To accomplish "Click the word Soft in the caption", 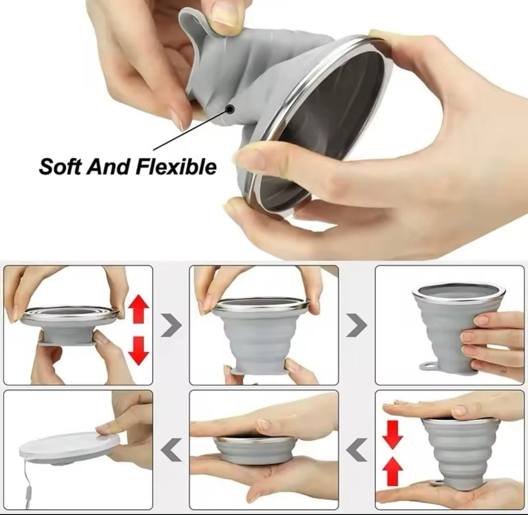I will pyautogui.click(x=60, y=166).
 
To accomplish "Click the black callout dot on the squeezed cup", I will pyautogui.click(x=230, y=109).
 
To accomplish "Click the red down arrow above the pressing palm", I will pyautogui.click(x=392, y=434).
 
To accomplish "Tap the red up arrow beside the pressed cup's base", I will pyautogui.click(x=392, y=471).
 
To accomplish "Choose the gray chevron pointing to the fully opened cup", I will pyautogui.click(x=357, y=325).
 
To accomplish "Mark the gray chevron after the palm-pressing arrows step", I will pyautogui.click(x=357, y=450).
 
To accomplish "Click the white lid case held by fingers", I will pyautogui.click(x=63, y=446).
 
